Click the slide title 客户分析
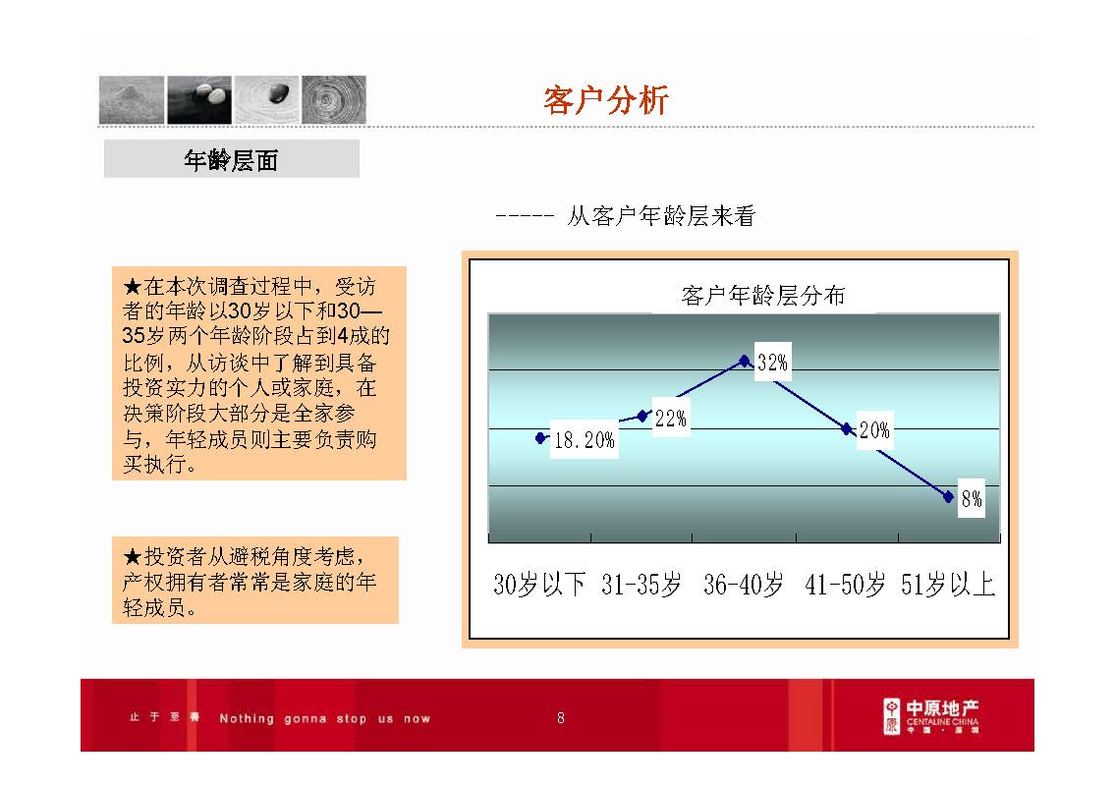(x=606, y=100)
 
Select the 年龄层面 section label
(x=231, y=160)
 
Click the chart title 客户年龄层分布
(x=762, y=295)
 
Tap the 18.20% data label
(x=584, y=441)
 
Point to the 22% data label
(x=670, y=419)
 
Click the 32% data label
(x=772, y=363)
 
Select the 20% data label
(x=874, y=430)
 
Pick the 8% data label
(x=971, y=499)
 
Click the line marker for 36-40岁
(x=744, y=361)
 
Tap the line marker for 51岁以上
(x=948, y=496)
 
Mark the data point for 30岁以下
(x=540, y=438)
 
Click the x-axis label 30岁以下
(x=539, y=586)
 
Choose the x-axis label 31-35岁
(x=641, y=586)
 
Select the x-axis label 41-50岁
(x=846, y=586)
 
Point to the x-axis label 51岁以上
(x=948, y=586)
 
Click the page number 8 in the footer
(x=561, y=718)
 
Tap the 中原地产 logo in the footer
(x=930, y=716)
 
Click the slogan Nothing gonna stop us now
(x=324, y=718)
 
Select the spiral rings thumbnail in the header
(x=334, y=99)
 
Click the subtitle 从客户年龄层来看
(x=660, y=216)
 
